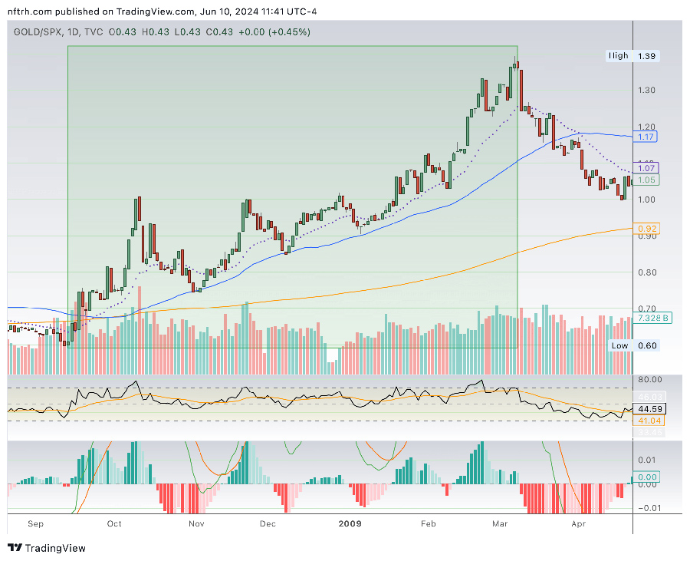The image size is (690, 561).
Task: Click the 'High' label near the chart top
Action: (x=618, y=56)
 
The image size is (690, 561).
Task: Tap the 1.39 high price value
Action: (x=647, y=56)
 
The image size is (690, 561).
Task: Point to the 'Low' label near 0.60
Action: (x=619, y=345)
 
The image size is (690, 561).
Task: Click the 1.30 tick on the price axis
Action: (x=647, y=90)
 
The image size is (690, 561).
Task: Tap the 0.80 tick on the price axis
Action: (x=647, y=272)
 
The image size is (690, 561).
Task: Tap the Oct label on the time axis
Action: (x=114, y=524)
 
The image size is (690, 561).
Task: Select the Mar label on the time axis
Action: (x=500, y=524)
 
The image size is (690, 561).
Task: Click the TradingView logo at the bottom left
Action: (x=47, y=548)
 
